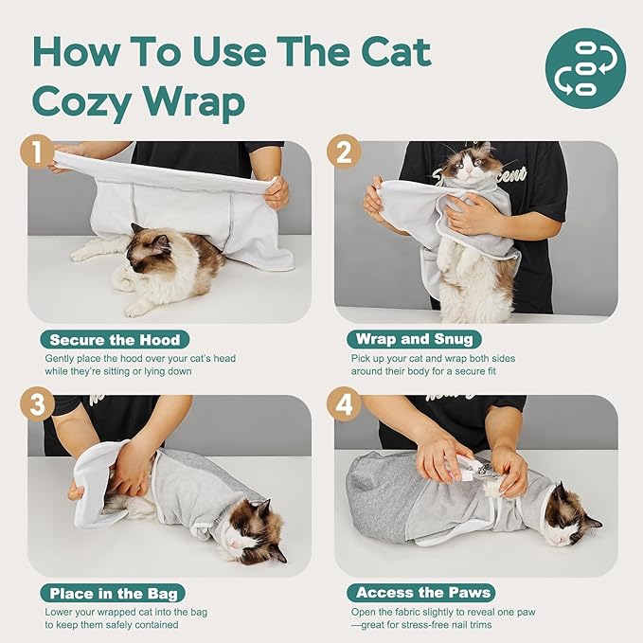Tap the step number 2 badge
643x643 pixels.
343,152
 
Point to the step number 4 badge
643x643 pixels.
343,406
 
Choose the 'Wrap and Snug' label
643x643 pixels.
414,340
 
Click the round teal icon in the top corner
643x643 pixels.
585,68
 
